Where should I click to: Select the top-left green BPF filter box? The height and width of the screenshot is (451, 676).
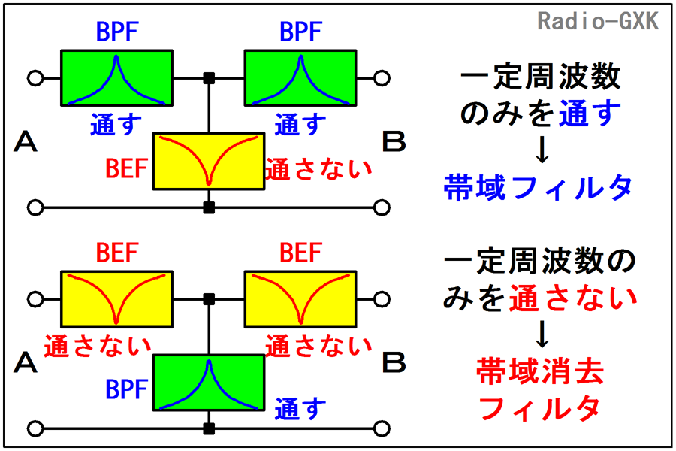click(116, 78)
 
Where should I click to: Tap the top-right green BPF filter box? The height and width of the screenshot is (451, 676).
click(300, 78)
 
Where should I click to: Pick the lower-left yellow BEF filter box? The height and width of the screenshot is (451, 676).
click(116, 298)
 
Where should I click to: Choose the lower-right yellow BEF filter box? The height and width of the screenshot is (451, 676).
click(300, 298)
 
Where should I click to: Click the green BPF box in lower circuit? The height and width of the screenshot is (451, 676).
click(209, 383)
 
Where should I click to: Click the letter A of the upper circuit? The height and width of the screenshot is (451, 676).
click(26, 141)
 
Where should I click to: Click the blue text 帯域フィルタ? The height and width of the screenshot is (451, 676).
click(536, 188)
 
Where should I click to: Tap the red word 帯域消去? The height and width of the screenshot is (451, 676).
click(540, 371)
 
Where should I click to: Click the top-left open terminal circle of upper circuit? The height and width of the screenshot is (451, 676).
click(34, 77)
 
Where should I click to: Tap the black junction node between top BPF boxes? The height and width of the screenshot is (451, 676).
click(209, 77)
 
